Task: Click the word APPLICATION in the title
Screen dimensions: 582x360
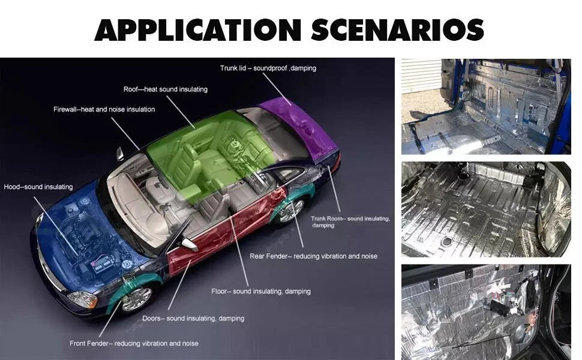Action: (197, 29)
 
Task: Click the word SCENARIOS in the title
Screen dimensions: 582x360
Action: (398, 29)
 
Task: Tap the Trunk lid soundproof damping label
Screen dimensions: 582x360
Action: (268, 68)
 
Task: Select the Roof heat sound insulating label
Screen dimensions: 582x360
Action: (166, 89)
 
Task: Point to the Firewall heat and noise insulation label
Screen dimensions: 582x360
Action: (104, 109)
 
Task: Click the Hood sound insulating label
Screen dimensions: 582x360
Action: (38, 187)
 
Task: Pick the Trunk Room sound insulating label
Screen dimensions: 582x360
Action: (350, 222)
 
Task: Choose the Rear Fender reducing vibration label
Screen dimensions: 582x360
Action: (313, 256)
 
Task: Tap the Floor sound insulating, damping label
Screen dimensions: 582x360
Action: (261, 292)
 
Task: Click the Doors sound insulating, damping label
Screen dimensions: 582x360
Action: (193, 319)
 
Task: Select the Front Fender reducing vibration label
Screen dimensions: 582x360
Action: (134, 343)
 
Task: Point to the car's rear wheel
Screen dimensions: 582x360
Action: (292, 211)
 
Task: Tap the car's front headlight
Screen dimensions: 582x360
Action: (82, 299)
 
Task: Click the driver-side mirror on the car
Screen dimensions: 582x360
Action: (190, 244)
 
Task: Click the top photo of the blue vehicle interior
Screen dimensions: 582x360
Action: (486, 107)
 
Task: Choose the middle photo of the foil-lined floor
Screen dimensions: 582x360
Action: (486, 209)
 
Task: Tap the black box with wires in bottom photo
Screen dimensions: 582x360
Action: (497, 307)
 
